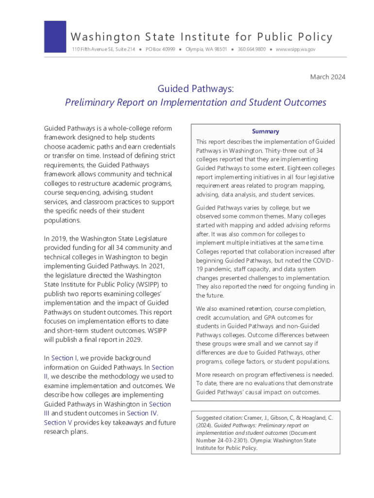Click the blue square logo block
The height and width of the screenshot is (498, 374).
pos(55,36)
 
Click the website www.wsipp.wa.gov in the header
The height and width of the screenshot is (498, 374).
pos(296,50)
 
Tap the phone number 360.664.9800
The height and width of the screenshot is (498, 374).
pos(252,50)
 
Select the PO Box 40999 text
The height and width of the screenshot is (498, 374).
pos(160,50)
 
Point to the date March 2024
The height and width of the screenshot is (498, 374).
pos(327,77)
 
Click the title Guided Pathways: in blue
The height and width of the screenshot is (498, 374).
pos(196,89)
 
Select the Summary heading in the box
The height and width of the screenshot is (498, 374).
pos(266,131)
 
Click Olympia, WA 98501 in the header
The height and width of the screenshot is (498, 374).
pos(206,50)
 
